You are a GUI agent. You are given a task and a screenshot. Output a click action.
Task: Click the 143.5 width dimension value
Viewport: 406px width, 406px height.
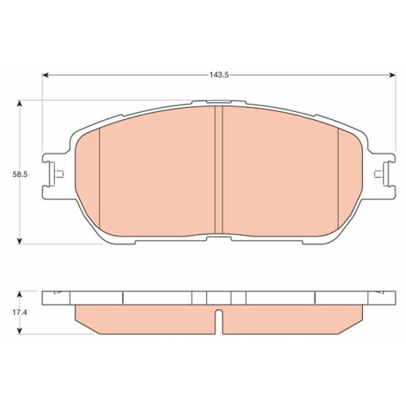219,75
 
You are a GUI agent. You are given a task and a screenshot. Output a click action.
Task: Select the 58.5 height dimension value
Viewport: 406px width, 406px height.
19,175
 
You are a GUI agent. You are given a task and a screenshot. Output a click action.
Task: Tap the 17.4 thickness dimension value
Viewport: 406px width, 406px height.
19,313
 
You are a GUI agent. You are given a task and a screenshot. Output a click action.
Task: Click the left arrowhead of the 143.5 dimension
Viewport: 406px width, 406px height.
45,75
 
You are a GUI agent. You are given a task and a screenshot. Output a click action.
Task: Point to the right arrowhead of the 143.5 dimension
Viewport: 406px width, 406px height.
392,75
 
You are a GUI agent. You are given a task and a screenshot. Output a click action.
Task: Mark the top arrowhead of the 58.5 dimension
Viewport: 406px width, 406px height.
19,104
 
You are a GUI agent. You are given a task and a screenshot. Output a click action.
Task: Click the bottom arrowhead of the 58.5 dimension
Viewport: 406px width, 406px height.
19,240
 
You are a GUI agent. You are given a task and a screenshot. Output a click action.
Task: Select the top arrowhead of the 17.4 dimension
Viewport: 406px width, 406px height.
19,295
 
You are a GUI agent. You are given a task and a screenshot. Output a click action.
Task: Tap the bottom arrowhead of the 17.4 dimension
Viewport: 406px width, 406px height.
19,330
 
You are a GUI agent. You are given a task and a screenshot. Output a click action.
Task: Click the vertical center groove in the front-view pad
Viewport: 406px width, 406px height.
218,170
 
